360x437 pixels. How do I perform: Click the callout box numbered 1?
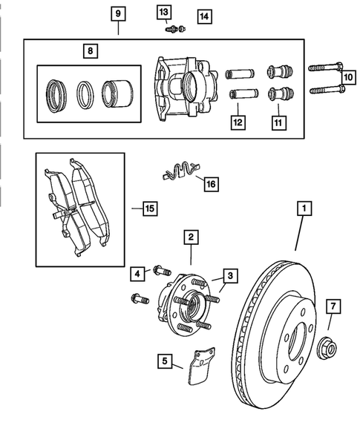coord(303,208)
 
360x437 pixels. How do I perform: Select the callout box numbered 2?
coord(191,237)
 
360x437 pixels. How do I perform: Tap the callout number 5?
coord(164,362)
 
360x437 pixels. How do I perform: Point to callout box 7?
coord(333,305)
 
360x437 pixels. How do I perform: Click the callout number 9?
coord(118,13)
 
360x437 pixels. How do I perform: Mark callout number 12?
coord(237,121)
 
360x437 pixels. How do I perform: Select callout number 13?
coord(163,11)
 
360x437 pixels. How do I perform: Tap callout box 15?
coord(149,209)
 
